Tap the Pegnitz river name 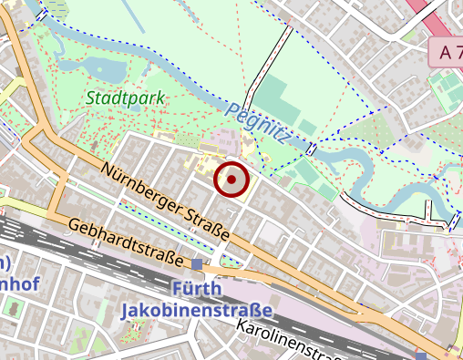(x=259, y=125)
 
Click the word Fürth (x=195, y=291)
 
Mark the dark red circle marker (x=231, y=180)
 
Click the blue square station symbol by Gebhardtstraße (x=198, y=264)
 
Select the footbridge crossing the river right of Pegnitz (x=312, y=149)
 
